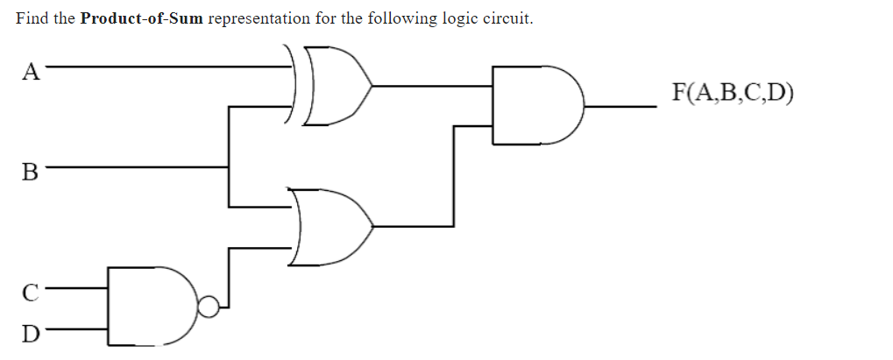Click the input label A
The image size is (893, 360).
click(31, 71)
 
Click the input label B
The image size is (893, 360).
click(30, 171)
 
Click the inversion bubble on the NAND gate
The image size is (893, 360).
click(208, 307)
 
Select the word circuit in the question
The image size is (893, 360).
click(504, 19)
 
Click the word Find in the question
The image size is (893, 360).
click(32, 19)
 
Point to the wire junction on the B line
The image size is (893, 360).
click(230, 166)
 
